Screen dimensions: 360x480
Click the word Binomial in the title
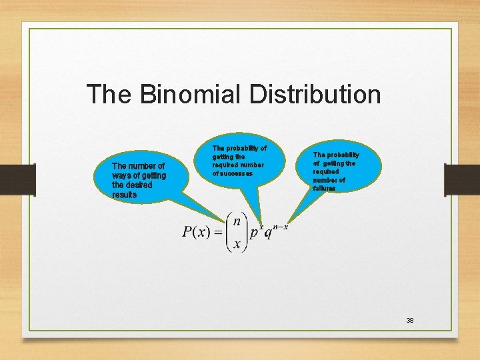coord(192,94)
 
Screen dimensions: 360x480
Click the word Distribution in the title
coord(315,94)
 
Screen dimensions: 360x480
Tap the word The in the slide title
coord(110,94)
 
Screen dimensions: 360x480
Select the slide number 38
coord(410,321)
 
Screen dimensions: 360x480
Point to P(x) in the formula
coord(197,232)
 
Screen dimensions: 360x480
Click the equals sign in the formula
coord(217,232)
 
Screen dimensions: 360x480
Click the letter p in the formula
coord(254,234)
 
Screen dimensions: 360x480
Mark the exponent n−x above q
coord(280,227)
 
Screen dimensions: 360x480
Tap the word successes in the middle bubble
coord(233,173)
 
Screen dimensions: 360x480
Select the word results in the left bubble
coord(125,195)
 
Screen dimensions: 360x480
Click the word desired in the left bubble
coord(139,185)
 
